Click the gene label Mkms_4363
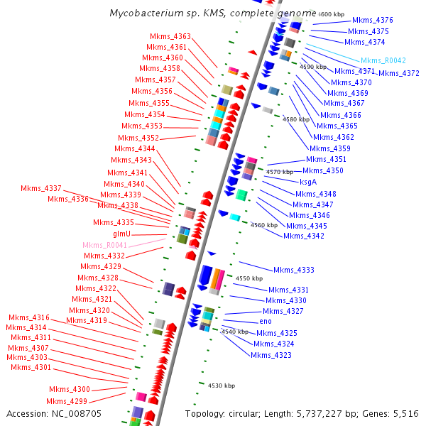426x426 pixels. click(170, 36)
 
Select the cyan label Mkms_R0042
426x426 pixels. click(383, 61)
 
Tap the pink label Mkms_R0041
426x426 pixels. click(104, 245)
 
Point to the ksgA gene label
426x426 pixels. click(308, 182)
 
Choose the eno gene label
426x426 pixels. click(266, 322)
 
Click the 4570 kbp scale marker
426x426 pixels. click(280, 172)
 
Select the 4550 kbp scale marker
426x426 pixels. click(249, 279)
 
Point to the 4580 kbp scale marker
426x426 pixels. click(297, 119)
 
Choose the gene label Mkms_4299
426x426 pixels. click(68, 402)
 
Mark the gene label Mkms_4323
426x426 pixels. click(271, 355)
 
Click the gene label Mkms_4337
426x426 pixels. click(41, 188)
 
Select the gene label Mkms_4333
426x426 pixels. click(294, 270)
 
